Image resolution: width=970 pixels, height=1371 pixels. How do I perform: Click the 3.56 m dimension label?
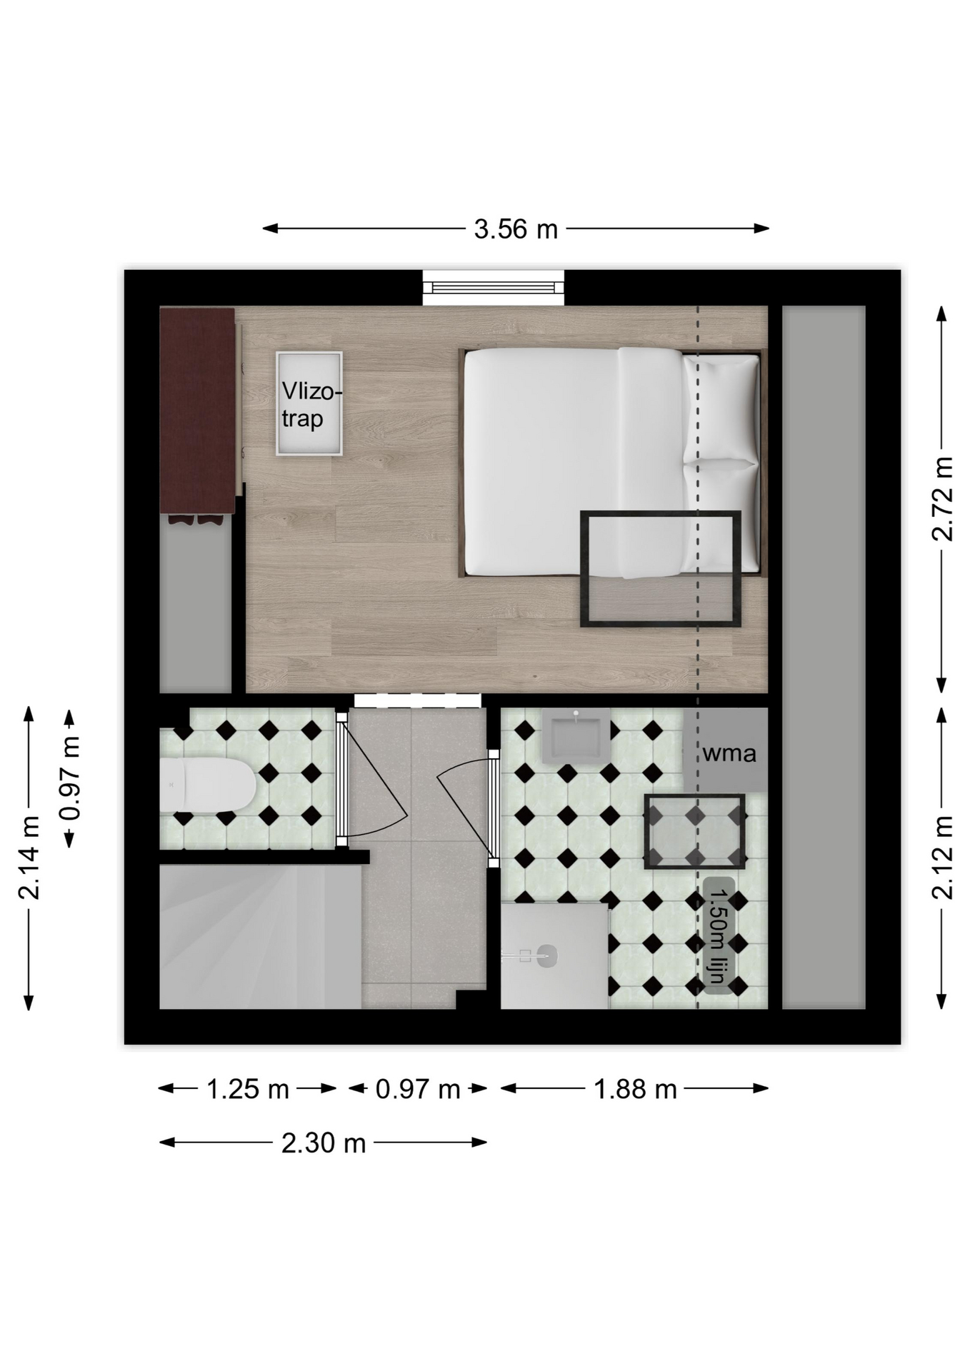(x=516, y=229)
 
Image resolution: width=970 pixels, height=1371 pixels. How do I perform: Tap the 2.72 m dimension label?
(x=943, y=498)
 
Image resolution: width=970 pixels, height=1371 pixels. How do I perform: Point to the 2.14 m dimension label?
(x=29, y=858)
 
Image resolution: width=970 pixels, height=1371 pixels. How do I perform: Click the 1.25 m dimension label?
(x=247, y=1089)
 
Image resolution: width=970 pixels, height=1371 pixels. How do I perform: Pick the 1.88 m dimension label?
(x=635, y=1089)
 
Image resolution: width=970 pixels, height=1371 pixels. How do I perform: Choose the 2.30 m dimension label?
(x=324, y=1143)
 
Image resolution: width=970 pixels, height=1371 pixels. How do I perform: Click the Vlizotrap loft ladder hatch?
(x=309, y=403)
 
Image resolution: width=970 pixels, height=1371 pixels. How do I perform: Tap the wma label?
(x=729, y=753)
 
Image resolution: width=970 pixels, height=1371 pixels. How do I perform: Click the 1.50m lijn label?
(x=719, y=935)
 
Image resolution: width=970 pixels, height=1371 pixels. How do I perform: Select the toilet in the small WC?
(x=207, y=785)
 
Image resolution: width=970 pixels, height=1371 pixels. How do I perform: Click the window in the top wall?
(x=493, y=287)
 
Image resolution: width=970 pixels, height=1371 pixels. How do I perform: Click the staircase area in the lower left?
(x=260, y=936)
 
